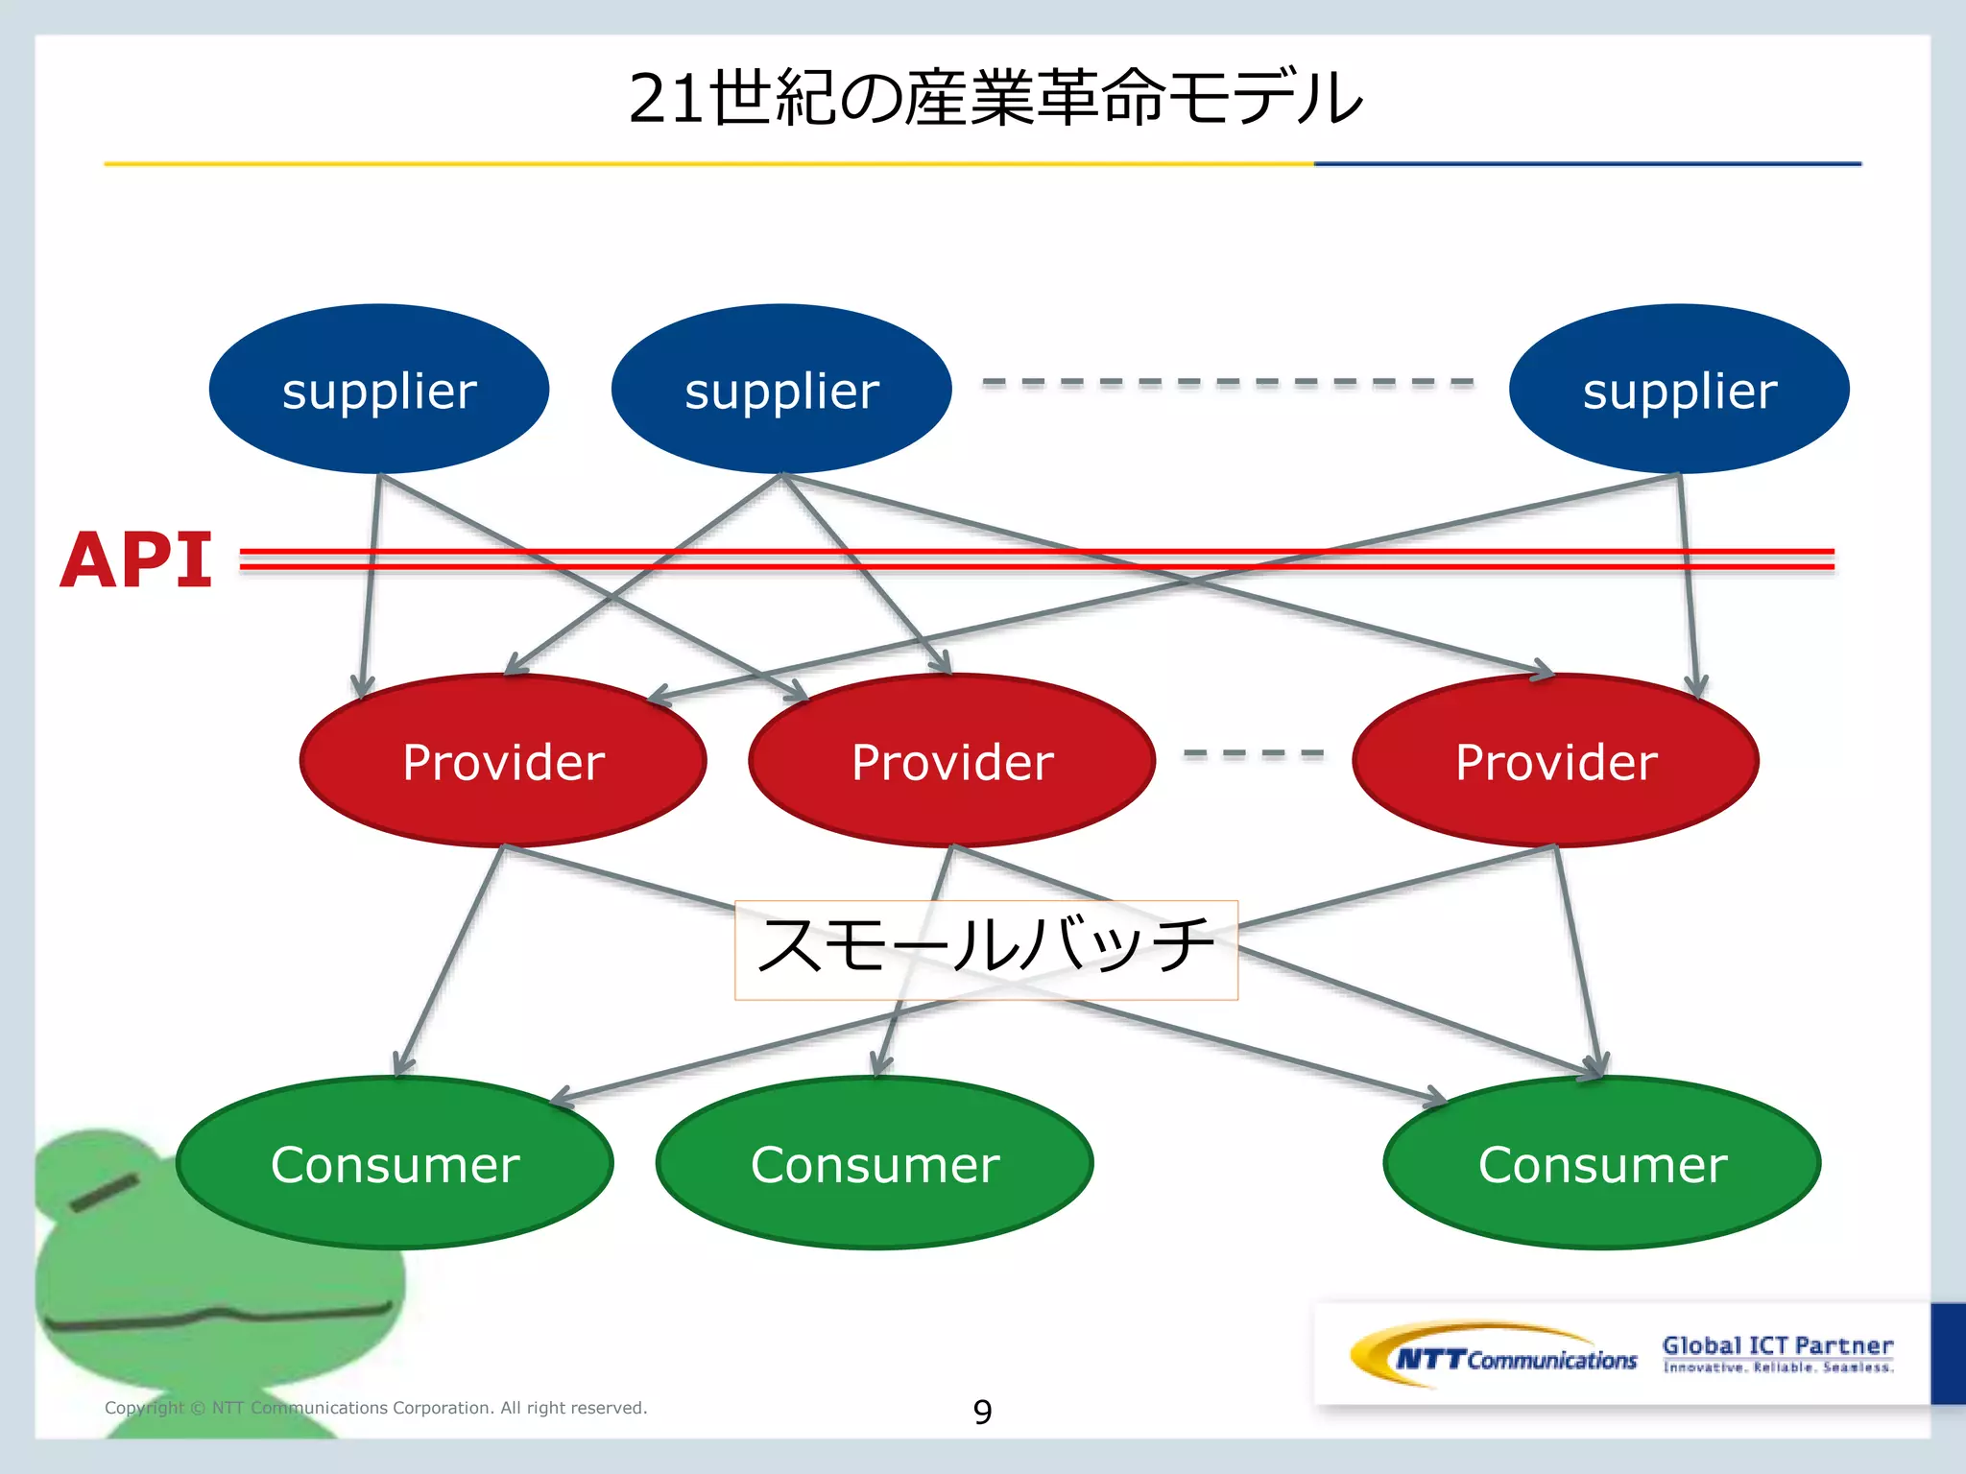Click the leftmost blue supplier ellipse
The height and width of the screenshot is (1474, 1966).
click(x=379, y=389)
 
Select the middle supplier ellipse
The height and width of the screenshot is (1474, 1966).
click(x=781, y=389)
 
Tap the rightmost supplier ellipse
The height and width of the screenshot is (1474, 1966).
click(x=1679, y=389)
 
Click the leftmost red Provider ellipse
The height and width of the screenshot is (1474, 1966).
click(x=503, y=761)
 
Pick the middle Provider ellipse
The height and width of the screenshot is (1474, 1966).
click(x=952, y=761)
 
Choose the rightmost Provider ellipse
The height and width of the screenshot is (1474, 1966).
click(x=1555, y=761)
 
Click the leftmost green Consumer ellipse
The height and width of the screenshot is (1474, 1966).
click(x=395, y=1163)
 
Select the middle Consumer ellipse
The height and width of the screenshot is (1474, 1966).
click(x=875, y=1163)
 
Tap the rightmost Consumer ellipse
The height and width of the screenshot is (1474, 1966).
click(x=1601, y=1163)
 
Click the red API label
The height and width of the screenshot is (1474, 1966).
click(x=135, y=560)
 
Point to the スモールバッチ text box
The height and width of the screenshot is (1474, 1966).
click(x=986, y=949)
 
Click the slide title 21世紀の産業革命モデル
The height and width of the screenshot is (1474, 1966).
click(x=995, y=98)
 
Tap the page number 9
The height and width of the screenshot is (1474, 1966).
click(x=982, y=1412)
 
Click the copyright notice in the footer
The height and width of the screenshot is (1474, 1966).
click(x=375, y=1408)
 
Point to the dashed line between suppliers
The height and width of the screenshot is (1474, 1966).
click(x=1227, y=382)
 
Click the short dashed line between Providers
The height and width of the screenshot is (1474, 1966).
click(x=1253, y=754)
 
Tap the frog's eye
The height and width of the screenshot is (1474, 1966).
click(x=104, y=1191)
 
